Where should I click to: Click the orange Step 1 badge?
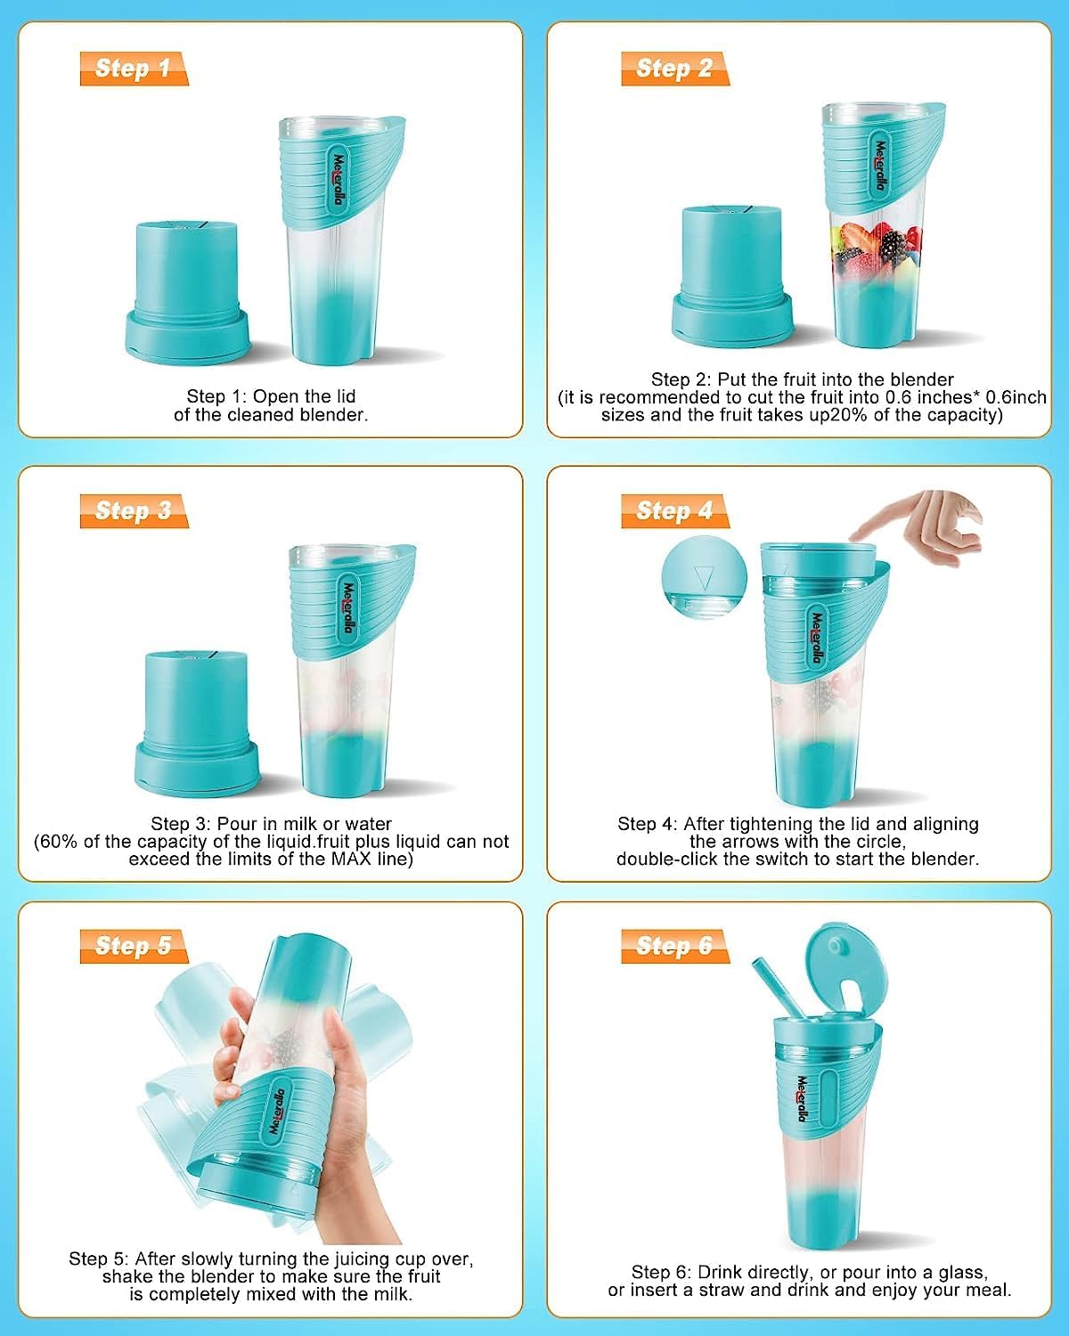coord(133,69)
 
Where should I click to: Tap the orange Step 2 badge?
coord(674,69)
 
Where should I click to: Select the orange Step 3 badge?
coord(133,511)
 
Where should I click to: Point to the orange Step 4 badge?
coord(674,511)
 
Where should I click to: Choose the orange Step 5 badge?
coord(133,946)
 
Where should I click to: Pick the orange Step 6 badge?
coord(674,946)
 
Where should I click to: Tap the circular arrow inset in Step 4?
coord(704,579)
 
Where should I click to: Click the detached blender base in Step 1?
coord(187,294)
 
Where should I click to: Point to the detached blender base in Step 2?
coord(730,276)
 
